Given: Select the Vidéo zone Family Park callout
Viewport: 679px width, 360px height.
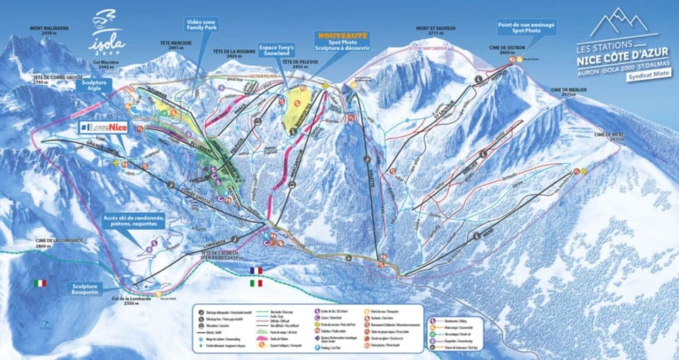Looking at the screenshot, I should click(202, 25).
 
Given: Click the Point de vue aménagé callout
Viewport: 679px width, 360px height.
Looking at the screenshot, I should click(526, 28).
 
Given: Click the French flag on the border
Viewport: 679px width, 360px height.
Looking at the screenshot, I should click(255, 270).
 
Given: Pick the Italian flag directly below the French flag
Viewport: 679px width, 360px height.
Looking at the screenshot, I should click(255, 283).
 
